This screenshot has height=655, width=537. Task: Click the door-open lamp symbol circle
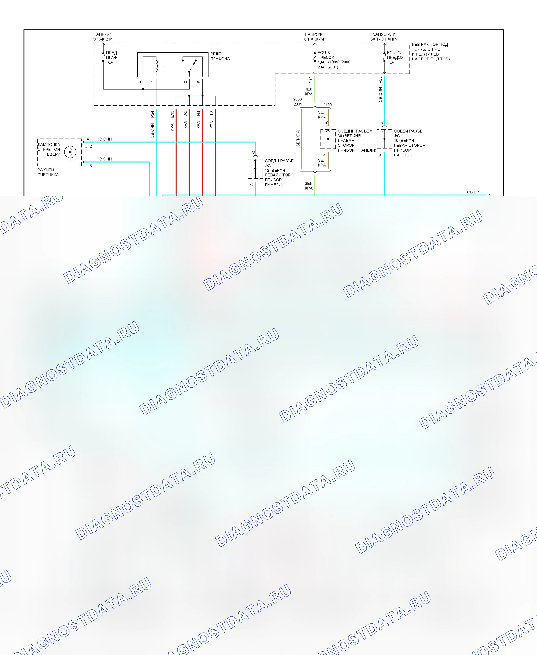pos(70,152)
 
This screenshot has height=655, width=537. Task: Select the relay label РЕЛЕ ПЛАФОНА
pos(220,56)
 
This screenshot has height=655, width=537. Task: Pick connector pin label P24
pos(152,114)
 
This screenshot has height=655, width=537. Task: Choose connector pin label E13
pos(172,114)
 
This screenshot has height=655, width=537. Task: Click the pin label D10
pos(311,80)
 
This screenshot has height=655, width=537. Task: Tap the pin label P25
pos(380,80)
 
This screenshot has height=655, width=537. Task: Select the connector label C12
pos(88,146)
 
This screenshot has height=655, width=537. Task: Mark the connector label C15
pos(88,166)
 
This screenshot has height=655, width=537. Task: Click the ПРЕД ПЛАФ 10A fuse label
pos(111,58)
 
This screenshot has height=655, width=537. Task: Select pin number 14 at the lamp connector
pos(87,139)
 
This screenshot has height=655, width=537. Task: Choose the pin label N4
pos(199,113)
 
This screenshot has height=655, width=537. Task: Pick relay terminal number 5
pos(199,82)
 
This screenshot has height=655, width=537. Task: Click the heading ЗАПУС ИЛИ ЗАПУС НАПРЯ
pos(384,36)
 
